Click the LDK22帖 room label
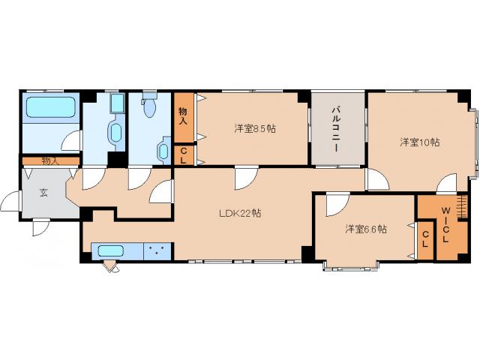coord(240,213)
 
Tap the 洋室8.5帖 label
coord(254,129)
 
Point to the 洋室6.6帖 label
coord(365,229)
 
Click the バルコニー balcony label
coord(337,128)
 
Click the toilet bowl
coord(148,109)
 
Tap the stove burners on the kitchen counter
coord(157,250)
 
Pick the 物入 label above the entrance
coord(49,160)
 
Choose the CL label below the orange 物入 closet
coord(182,154)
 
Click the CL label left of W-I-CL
coord(425,240)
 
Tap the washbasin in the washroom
coord(115,133)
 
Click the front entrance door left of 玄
coord(10,203)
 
